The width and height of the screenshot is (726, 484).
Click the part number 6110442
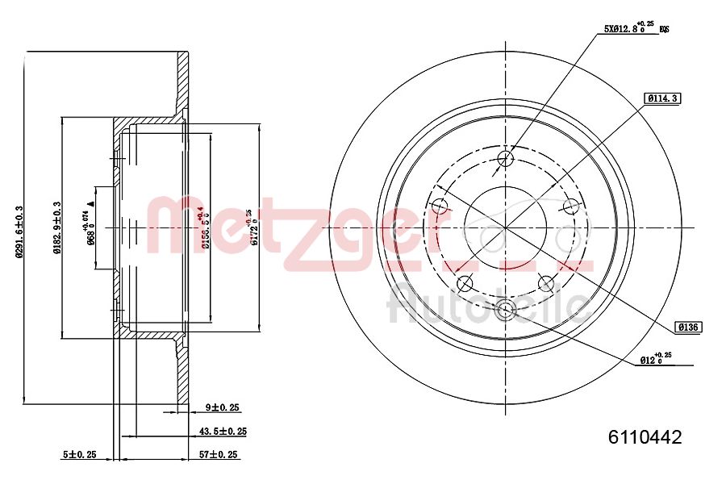[645, 437]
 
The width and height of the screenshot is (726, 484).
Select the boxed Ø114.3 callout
[662, 98]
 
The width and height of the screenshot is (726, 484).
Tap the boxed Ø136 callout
[689, 327]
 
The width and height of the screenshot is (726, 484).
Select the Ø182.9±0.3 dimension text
[56, 228]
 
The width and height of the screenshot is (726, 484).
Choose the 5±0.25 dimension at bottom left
[79, 455]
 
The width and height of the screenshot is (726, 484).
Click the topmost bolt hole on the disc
[506, 157]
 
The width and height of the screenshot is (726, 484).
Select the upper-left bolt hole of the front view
[440, 207]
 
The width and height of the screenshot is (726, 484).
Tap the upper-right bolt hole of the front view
[571, 207]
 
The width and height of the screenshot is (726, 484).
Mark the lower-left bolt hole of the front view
[465, 283]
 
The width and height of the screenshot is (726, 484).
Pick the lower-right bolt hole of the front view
[546, 283]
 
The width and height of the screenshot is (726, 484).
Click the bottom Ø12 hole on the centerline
[506, 309]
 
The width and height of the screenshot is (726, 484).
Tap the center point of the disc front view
[506, 228]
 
